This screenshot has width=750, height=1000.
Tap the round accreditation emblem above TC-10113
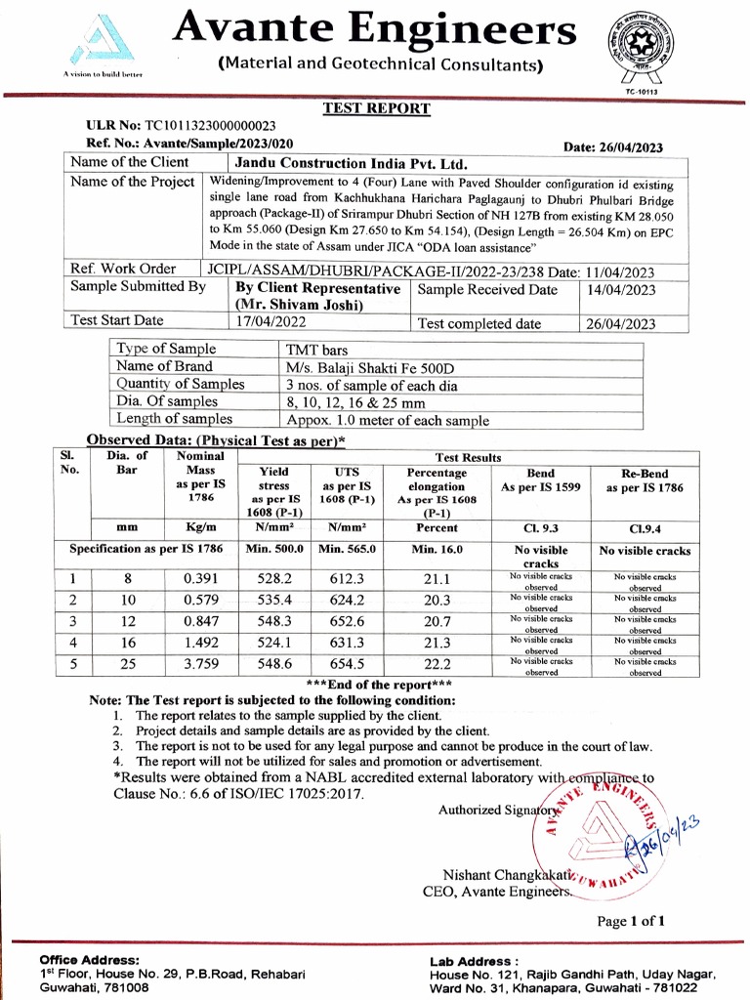[642, 46]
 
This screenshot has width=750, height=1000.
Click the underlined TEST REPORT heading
[376, 108]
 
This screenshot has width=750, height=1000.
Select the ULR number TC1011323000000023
[210, 126]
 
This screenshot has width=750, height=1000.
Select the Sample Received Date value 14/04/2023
[622, 290]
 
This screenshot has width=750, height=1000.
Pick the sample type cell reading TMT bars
[316, 350]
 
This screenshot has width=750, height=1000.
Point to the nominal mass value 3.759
[200, 663]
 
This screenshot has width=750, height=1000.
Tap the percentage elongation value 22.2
[437, 663]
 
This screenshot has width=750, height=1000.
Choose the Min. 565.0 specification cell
[347, 550]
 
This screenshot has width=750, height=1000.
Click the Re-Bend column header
[645, 480]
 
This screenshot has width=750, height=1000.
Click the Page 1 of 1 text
[631, 921]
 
